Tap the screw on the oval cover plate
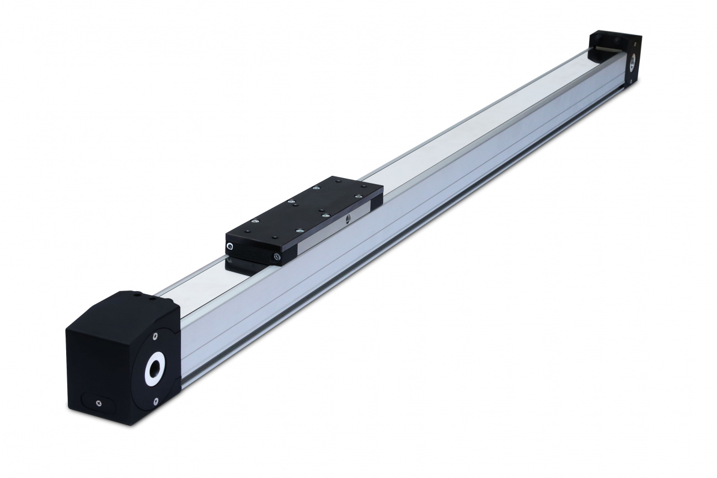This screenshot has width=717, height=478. pos(98,403)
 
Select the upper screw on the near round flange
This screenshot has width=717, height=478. pos(156,334)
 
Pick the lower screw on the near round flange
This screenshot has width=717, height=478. pos(156,401)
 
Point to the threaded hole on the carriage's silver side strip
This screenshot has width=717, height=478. pos(347,219)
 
